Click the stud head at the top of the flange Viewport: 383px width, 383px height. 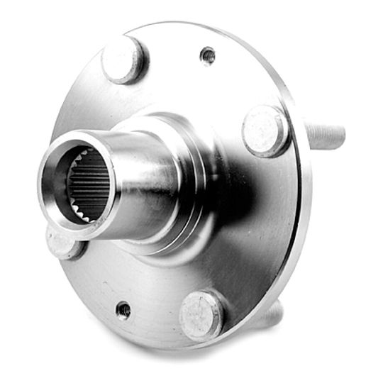(125, 59)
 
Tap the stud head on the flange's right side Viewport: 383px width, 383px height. (265, 130)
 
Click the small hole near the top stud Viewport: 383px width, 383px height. (208, 55)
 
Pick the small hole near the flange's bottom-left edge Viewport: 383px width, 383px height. (123, 309)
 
